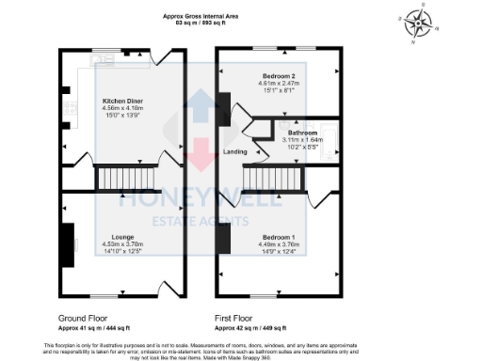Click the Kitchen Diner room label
click(x=122, y=99)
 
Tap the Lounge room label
click(x=120, y=237)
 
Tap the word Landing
click(x=234, y=151)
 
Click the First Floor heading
click(x=244, y=318)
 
